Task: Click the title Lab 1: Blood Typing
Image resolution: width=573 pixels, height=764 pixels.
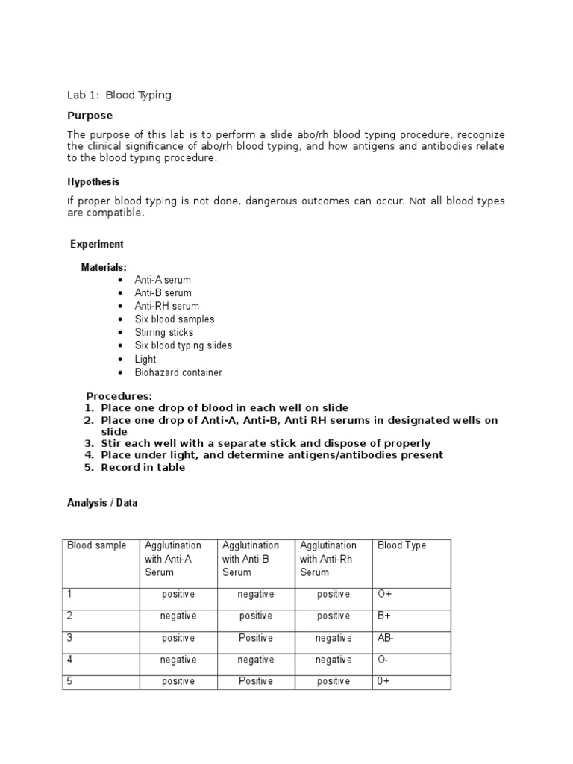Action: tap(119, 95)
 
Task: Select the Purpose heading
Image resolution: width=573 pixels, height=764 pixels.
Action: tap(90, 116)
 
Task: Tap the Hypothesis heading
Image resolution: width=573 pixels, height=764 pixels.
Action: tap(93, 181)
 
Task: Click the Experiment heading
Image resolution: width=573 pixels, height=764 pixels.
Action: tap(97, 244)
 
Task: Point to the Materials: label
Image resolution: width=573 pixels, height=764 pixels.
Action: tap(104, 267)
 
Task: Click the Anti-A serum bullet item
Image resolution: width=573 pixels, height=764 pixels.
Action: tap(163, 280)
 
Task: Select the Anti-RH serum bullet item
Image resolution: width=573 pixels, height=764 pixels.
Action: tap(166, 306)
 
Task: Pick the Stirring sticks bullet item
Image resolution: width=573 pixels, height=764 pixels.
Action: tap(163, 332)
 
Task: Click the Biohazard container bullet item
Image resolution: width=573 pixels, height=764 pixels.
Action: tap(178, 372)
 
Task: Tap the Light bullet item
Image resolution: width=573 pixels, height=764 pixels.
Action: tap(145, 359)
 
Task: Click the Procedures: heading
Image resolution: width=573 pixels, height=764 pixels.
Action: tap(119, 396)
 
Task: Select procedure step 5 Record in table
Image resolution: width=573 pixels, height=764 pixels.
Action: tap(143, 467)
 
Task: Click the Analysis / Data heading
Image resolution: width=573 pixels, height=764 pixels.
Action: tap(102, 503)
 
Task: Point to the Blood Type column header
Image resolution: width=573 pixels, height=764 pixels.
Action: tap(401, 545)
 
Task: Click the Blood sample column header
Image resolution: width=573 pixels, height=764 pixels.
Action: tap(97, 545)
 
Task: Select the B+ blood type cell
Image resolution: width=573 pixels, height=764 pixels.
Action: tap(385, 616)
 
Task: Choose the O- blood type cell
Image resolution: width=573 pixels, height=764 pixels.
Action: tap(385, 660)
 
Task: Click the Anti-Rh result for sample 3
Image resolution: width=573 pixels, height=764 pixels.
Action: tap(334, 638)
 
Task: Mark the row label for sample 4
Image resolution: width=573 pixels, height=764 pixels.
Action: tap(70, 660)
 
